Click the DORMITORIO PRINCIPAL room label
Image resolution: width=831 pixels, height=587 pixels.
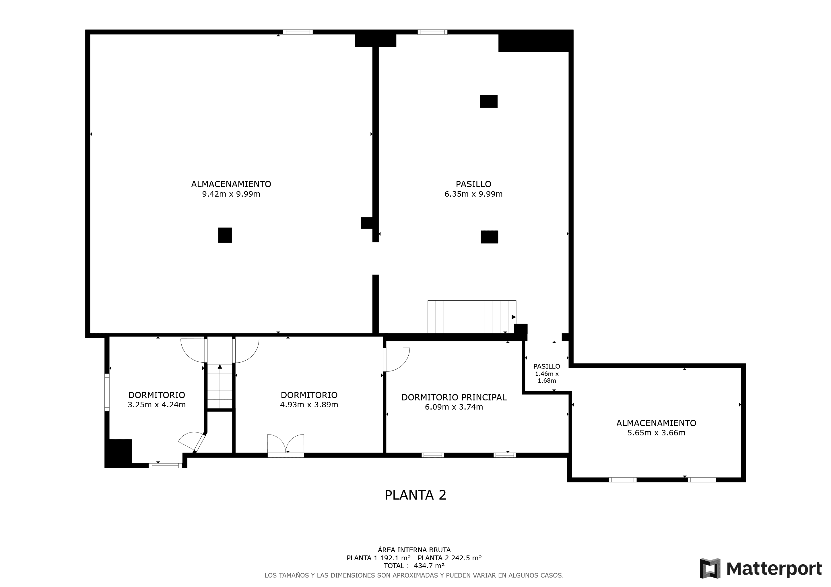coord(454,397)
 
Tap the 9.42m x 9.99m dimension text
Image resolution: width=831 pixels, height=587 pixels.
coord(231,194)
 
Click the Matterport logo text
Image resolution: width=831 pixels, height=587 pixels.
coord(774,569)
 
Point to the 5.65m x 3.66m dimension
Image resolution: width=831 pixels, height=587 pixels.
coord(656,433)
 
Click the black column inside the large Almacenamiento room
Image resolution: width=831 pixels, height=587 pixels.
coord(225,235)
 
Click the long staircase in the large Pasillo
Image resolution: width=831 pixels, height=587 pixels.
coord(472,317)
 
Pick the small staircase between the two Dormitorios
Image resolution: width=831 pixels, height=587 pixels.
coord(220,386)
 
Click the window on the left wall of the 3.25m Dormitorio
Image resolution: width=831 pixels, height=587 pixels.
coord(107,392)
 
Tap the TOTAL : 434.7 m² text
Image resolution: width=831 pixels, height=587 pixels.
coord(414,566)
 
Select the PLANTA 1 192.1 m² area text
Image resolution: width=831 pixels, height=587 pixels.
coord(378,558)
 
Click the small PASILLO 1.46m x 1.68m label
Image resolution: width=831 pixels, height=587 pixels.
coord(547,373)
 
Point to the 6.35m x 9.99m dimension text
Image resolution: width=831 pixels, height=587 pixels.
coord(473,194)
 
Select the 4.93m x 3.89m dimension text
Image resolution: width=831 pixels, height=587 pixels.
coord(309,405)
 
